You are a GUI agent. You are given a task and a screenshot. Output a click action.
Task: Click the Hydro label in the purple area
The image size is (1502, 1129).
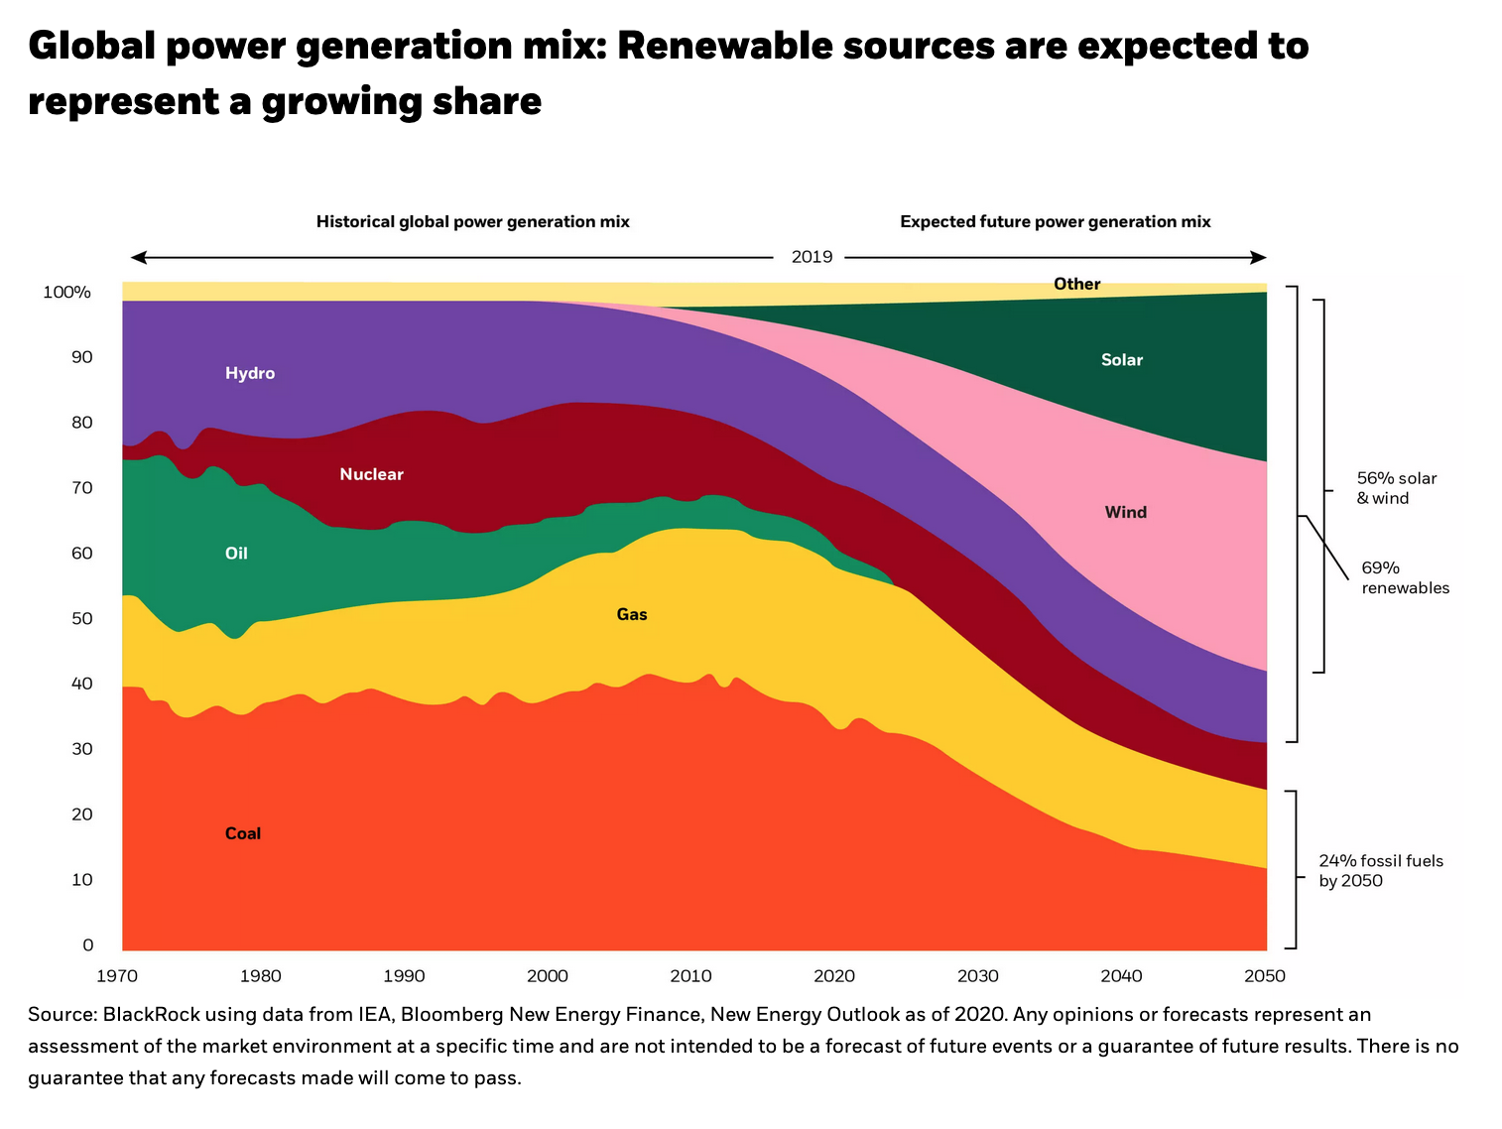click(x=250, y=374)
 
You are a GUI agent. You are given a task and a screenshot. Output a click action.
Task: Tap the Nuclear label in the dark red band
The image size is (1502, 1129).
click(x=371, y=474)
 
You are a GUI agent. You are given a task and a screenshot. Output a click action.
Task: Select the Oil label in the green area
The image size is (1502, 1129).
click(x=236, y=554)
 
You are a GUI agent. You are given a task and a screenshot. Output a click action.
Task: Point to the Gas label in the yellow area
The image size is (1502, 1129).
click(x=632, y=615)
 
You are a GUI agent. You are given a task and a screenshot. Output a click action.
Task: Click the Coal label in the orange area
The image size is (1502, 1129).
click(x=243, y=834)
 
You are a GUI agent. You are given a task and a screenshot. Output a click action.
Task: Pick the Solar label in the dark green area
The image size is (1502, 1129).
click(x=1122, y=360)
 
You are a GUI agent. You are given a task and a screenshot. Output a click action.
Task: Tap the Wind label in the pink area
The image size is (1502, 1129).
click(x=1126, y=513)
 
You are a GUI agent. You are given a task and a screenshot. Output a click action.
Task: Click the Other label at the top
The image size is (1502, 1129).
click(x=1076, y=285)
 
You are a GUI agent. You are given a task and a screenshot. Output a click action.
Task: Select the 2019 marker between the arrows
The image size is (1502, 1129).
click(x=812, y=258)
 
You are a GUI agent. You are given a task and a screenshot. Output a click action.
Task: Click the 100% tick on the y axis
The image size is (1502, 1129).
click(x=66, y=293)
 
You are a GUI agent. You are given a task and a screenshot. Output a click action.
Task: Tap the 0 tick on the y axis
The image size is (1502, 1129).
click(x=87, y=945)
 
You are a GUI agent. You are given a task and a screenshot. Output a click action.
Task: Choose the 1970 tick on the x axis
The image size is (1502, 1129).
click(x=117, y=976)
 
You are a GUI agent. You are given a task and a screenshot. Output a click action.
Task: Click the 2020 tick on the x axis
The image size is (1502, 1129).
click(x=834, y=976)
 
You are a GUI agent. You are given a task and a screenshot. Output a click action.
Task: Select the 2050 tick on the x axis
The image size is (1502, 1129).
click(x=1264, y=976)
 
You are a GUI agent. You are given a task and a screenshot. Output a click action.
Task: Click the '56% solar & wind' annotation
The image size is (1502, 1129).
click(x=1396, y=488)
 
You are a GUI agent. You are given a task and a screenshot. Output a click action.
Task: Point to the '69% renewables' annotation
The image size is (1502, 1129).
click(x=1405, y=578)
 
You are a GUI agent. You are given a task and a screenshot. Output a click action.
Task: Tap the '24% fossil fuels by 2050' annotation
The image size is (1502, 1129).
click(x=1381, y=871)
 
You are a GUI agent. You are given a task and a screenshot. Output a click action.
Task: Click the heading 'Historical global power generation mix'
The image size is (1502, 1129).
click(x=473, y=222)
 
